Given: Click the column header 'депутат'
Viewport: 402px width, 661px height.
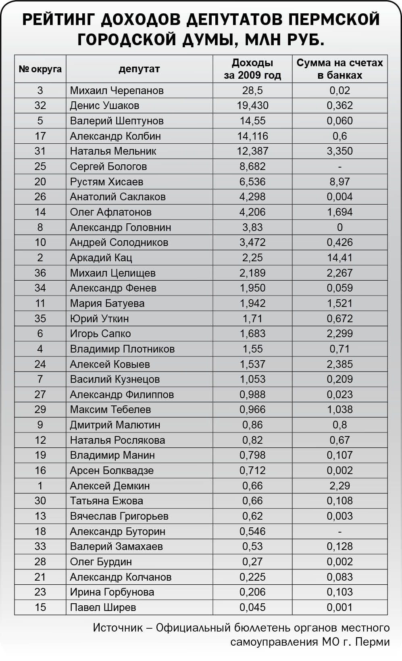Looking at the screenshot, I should (139, 69).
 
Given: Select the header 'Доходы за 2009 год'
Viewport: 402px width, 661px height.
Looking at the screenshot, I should (252, 69).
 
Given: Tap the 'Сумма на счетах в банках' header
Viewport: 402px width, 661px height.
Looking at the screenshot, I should (340, 69).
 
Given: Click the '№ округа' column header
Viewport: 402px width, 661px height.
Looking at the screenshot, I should (40, 69).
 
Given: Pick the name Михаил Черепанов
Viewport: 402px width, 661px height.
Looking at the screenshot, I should (117, 90).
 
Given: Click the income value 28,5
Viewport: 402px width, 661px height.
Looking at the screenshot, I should (252, 90).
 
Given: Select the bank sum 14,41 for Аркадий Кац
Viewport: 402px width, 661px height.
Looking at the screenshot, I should (340, 258).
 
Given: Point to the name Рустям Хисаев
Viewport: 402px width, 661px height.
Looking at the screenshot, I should (106, 182).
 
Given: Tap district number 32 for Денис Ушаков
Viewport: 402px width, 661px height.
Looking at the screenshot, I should (40, 106).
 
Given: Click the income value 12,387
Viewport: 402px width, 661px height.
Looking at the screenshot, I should (252, 151).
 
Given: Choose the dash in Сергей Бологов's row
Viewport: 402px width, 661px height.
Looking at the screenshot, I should (340, 167).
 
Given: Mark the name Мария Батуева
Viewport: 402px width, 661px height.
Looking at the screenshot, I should (107, 303).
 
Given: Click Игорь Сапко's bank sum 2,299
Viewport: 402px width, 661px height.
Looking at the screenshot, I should (340, 334).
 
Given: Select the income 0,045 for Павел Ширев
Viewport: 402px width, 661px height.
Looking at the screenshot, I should (252, 607).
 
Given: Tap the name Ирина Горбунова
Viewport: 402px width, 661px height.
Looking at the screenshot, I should (112, 592).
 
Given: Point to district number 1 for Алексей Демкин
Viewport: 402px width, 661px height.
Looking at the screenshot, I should (40, 486).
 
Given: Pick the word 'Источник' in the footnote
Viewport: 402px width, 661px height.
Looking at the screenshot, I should (118, 628).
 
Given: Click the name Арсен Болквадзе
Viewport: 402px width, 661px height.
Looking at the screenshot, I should (112, 470).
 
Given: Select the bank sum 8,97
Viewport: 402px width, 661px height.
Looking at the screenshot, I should (340, 182).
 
